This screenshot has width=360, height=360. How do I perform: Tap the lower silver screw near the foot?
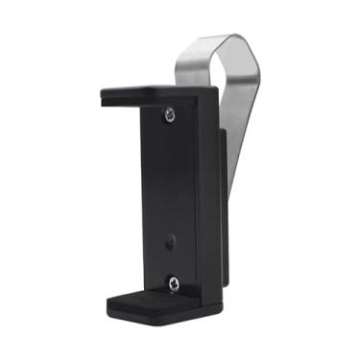[x=174, y=282]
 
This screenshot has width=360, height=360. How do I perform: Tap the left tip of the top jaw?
[x=104, y=95]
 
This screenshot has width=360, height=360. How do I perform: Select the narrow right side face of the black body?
[x=207, y=192]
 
